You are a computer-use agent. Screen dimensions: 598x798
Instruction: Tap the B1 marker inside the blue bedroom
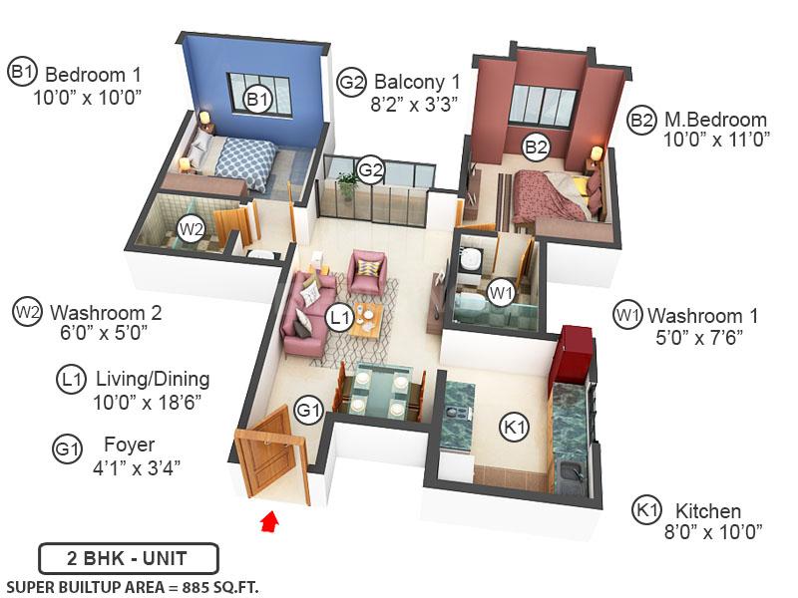pyautogui.click(x=258, y=99)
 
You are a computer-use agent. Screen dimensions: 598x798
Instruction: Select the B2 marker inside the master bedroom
pyautogui.click(x=537, y=148)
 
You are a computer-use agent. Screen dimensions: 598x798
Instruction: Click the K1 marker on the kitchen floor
pyautogui.click(x=513, y=428)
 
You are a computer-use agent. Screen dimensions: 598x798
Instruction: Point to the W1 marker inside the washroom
pyautogui.click(x=501, y=293)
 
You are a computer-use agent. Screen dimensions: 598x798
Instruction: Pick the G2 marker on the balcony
pyautogui.click(x=371, y=170)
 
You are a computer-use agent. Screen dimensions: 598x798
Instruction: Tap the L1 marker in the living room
pyautogui.click(x=340, y=317)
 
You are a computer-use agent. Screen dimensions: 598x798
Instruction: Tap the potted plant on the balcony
pyautogui.click(x=347, y=185)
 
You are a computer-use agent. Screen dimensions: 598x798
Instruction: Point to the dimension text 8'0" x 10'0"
pyautogui.click(x=712, y=530)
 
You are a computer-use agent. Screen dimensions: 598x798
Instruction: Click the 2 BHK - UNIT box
pyautogui.click(x=128, y=558)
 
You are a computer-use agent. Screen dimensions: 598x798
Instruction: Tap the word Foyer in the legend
pyautogui.click(x=129, y=445)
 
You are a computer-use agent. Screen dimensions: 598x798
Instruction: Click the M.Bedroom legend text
pyautogui.click(x=715, y=121)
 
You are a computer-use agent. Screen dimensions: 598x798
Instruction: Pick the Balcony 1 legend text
pyautogui.click(x=417, y=82)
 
